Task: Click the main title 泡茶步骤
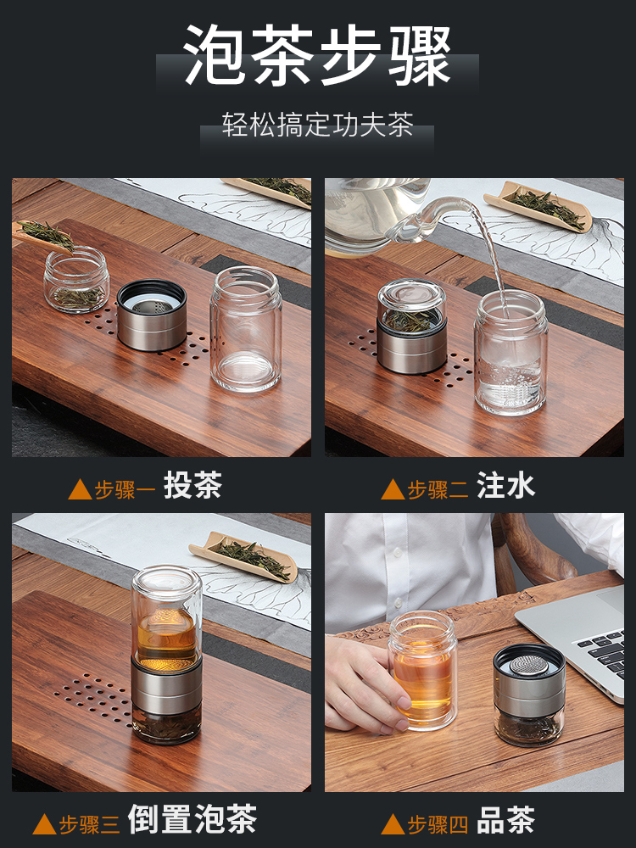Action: tap(317, 55)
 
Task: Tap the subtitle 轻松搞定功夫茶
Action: tap(317, 125)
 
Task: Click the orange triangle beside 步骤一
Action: tap(80, 489)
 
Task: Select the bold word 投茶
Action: tap(193, 485)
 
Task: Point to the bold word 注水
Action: tap(505, 485)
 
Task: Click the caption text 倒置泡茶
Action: tap(192, 819)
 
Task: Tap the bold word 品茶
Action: tap(505, 820)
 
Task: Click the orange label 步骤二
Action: tap(438, 489)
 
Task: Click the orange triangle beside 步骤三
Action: tap(44, 824)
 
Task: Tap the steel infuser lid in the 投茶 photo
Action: tap(152, 315)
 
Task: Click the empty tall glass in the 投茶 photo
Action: tap(246, 328)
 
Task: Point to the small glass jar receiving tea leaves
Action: tap(76, 279)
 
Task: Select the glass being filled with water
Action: tap(510, 353)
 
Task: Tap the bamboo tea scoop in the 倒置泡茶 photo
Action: tap(243, 557)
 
